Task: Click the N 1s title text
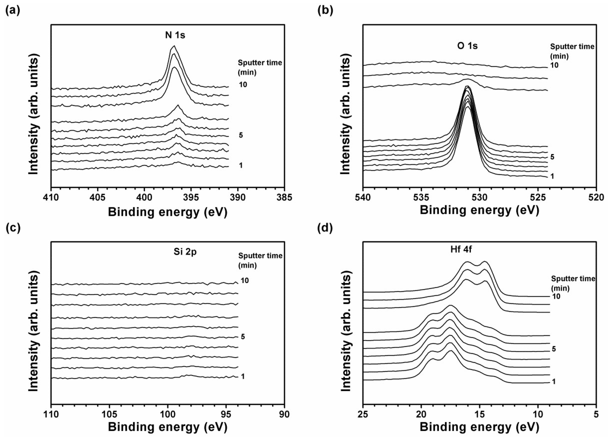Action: point(175,35)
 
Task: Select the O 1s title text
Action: point(467,46)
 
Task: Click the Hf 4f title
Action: point(461,249)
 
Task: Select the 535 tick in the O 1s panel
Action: point(421,198)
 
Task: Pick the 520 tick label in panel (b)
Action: point(596,198)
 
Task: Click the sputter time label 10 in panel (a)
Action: point(243,85)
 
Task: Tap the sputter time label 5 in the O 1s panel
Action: point(552,157)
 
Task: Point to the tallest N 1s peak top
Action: point(174,46)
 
